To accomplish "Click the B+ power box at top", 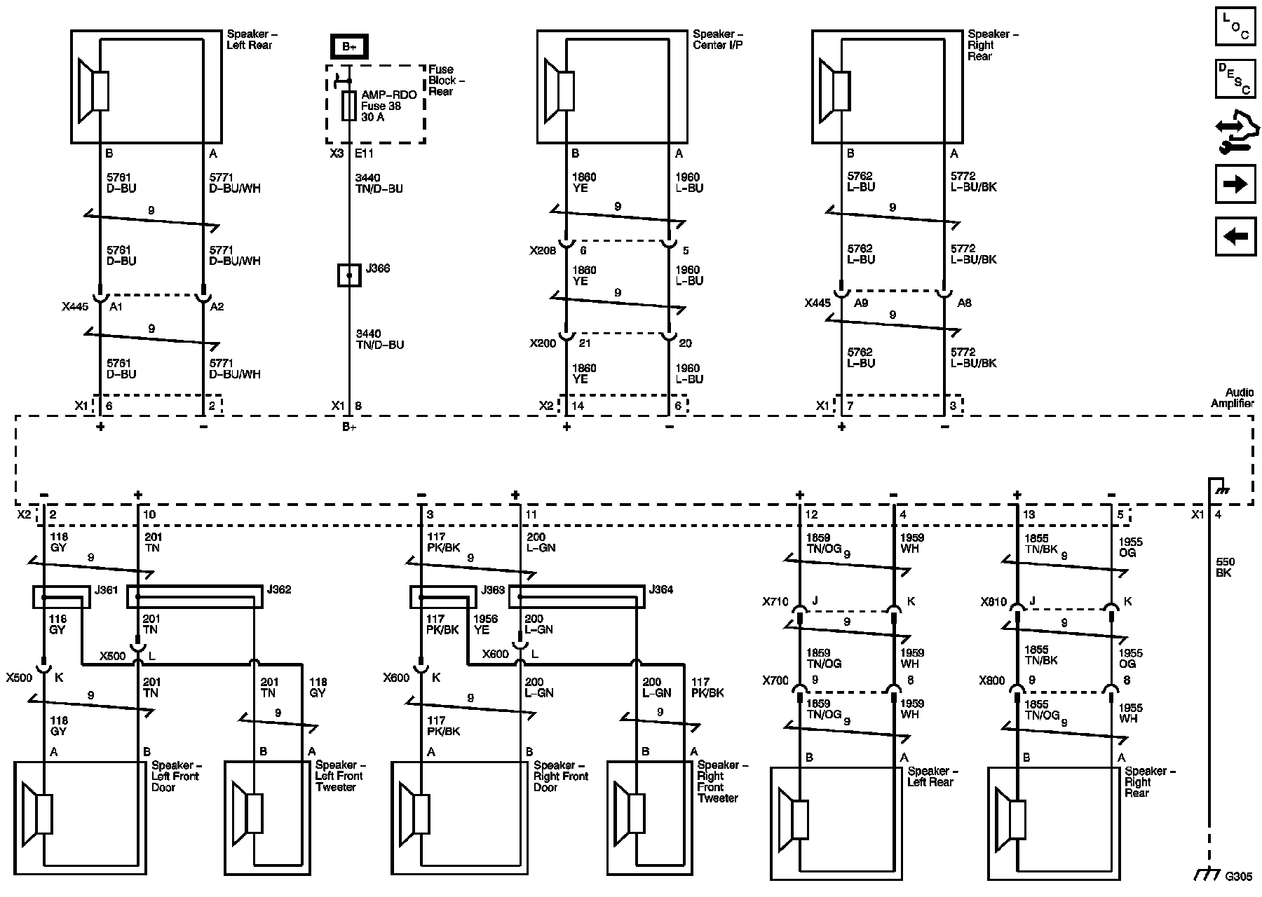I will pos(349,47).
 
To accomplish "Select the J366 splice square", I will pos(349,275).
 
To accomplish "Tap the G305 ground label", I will pos(1238,876).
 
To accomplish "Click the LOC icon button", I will pos(1235,27).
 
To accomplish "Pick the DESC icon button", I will pos(1235,78).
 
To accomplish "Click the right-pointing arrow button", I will pos(1235,184).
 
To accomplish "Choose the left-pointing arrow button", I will pos(1235,236).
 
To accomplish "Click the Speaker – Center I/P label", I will pos(717,39).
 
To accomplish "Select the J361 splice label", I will pos(106,590).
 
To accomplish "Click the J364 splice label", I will pos(661,590).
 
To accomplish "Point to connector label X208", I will pos(543,250).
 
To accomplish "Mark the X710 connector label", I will pos(775,602).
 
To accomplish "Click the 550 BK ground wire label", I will pos(1225,568).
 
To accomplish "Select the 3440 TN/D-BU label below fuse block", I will pos(379,184).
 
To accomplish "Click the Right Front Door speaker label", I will pos(560,776).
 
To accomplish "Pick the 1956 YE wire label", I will pos(485,624).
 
